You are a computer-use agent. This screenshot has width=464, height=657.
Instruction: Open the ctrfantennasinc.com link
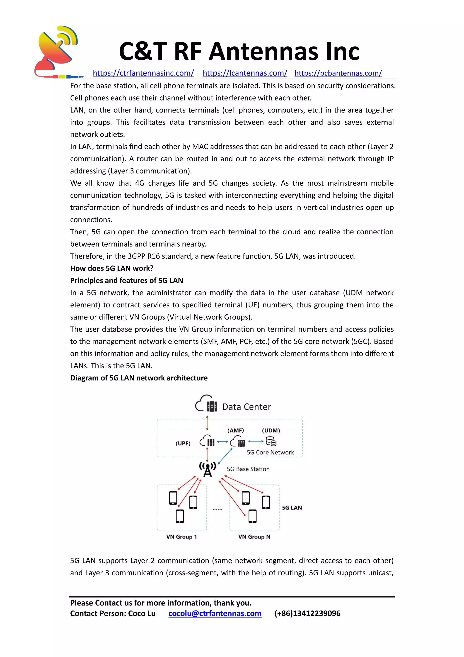coord(143,73)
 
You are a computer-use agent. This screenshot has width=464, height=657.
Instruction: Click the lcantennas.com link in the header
coord(245,73)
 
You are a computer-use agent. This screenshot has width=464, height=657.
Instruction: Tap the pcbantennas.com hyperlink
coord(338,73)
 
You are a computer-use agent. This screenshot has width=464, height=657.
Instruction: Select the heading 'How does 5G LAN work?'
coord(112,268)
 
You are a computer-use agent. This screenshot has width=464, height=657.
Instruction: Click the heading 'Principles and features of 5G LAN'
coord(127,281)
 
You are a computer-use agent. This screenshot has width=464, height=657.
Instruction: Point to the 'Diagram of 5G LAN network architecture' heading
coord(139,378)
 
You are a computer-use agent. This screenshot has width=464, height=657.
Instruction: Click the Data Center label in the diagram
coord(246,407)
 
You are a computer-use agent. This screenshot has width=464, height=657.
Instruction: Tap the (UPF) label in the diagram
coord(183,444)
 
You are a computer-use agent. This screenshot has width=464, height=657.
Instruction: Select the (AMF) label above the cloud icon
coord(236,430)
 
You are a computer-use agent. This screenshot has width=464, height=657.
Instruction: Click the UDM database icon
coord(271,441)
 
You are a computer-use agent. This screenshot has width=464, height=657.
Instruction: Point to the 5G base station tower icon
coord(208,470)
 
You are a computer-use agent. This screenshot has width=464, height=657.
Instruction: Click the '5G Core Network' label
coord(270,452)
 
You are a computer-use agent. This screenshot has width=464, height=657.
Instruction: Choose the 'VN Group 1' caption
coord(182,537)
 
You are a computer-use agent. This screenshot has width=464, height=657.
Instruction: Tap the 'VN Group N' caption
coord(254,537)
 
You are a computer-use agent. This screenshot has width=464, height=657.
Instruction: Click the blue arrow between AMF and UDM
coord(256,441)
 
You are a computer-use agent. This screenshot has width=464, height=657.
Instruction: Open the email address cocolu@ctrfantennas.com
coord(215,613)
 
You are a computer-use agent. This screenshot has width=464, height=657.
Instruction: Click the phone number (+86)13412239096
coord(307,613)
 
